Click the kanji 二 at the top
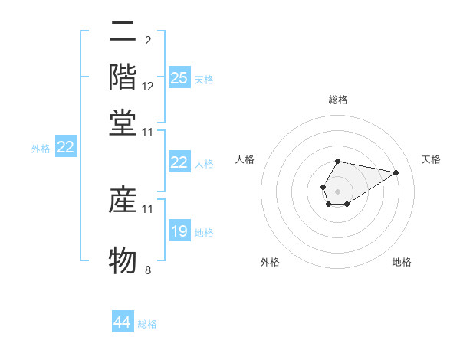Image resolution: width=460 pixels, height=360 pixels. pos(123,32)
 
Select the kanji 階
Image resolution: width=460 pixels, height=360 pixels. pos(123,77)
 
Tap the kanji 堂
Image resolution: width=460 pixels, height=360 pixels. pos(123,123)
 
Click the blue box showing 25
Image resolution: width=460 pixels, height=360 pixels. pos(179,77)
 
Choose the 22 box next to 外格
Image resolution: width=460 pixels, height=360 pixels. pos(66,148)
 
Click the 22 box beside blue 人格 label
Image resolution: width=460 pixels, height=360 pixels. pos(179,162)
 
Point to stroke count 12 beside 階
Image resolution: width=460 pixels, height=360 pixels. pos(148,87)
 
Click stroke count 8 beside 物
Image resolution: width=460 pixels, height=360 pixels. pos(148,270)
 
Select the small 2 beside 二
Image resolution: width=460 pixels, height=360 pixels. pos(147,41)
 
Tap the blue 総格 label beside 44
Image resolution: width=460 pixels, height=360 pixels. pos(147,324)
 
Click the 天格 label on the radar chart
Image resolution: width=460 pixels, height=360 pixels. pos(431,159)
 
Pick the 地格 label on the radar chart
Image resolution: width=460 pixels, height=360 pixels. pos(402,262)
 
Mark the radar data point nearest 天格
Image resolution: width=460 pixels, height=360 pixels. pos(396,172)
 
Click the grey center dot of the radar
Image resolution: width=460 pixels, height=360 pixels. pos(337,190)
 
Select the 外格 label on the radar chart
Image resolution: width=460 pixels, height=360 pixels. pos(270,262)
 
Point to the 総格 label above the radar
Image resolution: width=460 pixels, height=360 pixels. pos(337,100)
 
